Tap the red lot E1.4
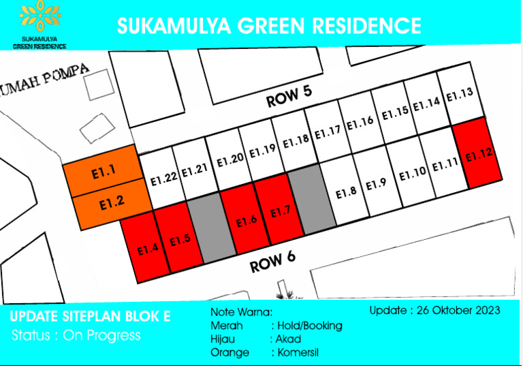click(x=147, y=248)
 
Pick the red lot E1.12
click(x=479, y=154)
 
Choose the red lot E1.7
click(x=281, y=213)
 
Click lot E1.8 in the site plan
click(x=346, y=192)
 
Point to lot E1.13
click(x=460, y=94)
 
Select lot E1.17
click(x=327, y=132)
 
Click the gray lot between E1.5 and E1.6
click(x=205, y=226)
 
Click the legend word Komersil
click(x=298, y=353)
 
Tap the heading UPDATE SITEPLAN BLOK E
click(x=91, y=317)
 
